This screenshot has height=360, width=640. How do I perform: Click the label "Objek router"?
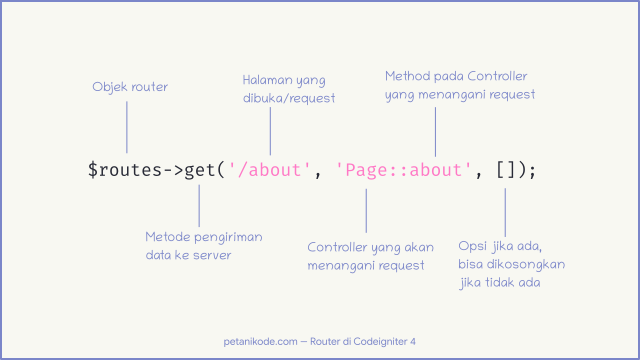coord(130,87)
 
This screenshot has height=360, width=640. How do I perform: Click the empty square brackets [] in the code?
coord(508,170)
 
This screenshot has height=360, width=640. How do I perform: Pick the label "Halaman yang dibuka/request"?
coord(289,88)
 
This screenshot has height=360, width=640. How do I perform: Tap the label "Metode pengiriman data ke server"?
coord(202,246)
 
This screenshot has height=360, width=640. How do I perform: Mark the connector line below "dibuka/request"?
coord(270,131)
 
